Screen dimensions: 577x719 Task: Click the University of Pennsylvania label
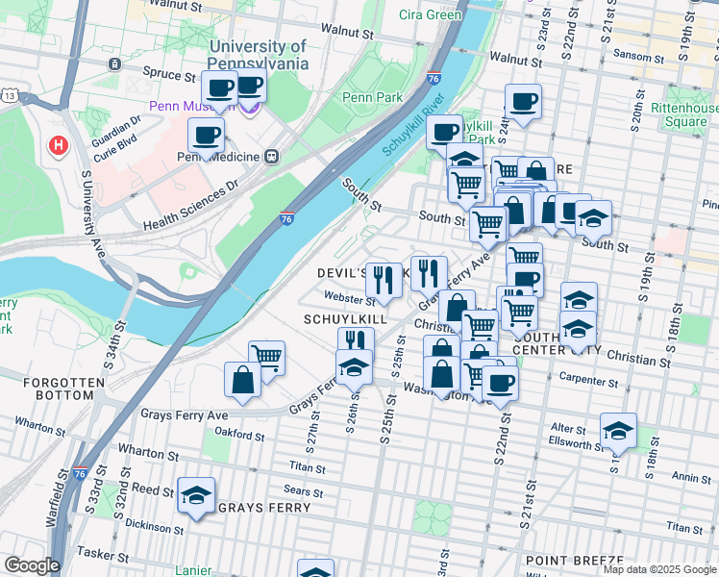[258, 55]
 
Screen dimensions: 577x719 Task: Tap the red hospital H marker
[58, 146]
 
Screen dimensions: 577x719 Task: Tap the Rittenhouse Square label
[680, 114]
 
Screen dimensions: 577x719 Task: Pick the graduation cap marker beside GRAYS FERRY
[196, 495]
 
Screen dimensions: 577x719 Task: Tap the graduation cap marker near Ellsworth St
[618, 431]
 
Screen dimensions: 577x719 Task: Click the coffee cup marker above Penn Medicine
[207, 136]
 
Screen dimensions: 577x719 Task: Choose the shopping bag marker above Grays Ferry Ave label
[242, 380]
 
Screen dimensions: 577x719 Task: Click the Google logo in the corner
[32, 565]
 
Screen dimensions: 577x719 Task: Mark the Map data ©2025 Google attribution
[658, 569]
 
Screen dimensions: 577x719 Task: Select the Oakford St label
[239, 436]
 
